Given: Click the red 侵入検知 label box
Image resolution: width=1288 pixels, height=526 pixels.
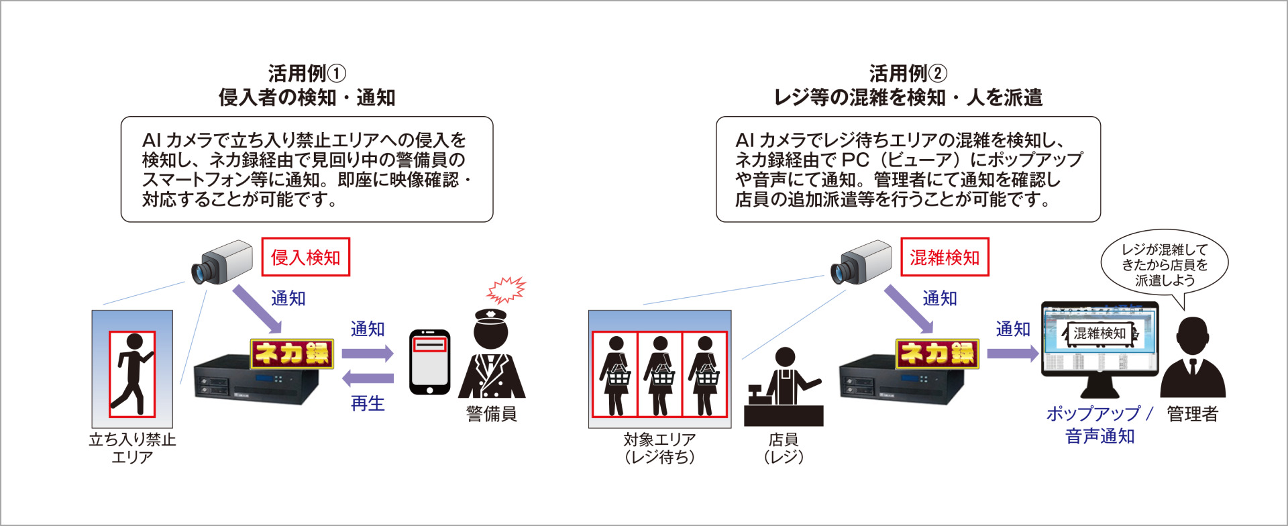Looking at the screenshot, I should pos(305,257).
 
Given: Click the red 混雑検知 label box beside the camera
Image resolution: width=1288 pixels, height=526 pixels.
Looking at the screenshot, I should pos(944,257).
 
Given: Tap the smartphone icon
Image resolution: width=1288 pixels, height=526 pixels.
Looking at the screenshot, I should pos(429,362).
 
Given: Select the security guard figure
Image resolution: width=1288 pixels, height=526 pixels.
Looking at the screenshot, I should pos(492,356).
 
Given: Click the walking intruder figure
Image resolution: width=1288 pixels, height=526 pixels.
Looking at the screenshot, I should pos(132,374).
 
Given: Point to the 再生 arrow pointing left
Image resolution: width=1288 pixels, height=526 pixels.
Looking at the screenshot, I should pos(367,379).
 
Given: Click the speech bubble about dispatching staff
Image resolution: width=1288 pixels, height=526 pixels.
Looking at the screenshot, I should pos(1164,265).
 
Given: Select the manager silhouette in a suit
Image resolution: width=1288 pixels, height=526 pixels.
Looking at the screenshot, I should pos(1193,359).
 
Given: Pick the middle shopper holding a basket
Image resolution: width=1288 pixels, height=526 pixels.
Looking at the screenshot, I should pos(659,376).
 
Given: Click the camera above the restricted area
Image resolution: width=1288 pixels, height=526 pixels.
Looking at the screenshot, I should pos(221,262).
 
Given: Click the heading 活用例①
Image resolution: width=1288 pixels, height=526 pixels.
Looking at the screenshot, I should pos(307,73).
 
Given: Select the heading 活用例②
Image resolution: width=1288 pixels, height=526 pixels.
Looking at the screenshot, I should pos(908,73).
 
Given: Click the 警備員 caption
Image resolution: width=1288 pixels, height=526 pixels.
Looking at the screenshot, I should pos(492,414).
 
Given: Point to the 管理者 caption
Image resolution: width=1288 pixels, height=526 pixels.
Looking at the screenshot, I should pos(1192,414).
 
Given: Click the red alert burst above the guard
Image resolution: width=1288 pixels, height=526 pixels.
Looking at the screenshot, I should pos(506,291).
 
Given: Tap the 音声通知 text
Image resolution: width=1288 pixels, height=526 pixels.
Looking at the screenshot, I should pos(1099,437).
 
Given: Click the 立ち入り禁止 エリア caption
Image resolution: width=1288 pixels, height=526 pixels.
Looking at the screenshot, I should pos(132,448).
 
